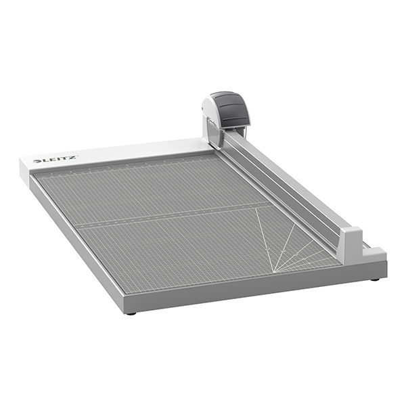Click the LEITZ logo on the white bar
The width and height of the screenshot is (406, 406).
tap(55, 160)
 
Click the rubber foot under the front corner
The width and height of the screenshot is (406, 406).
tap(131, 313)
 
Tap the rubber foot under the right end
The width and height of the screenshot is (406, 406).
tap(374, 279)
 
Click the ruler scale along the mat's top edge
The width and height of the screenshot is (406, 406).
tap(129, 165)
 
